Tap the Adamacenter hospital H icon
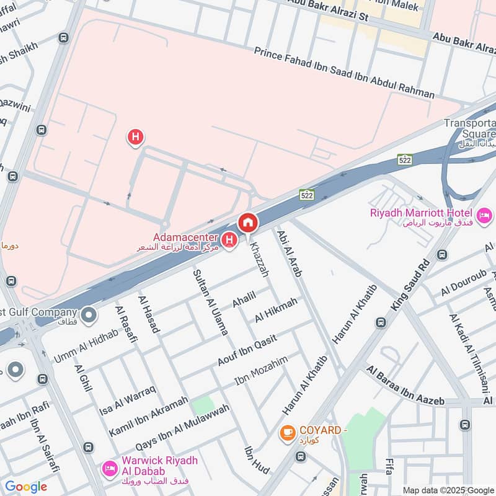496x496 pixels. coord(229,239)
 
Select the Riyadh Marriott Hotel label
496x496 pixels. coord(422,213)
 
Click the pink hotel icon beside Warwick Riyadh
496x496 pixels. coord(109,466)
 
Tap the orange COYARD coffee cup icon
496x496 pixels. coord(287,432)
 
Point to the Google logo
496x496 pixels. coord(26,487)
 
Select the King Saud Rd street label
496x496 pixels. coord(410,286)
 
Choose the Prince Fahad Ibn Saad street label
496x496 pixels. coord(344,73)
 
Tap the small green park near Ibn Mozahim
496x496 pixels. coord(202,406)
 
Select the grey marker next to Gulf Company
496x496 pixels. coord(89,315)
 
